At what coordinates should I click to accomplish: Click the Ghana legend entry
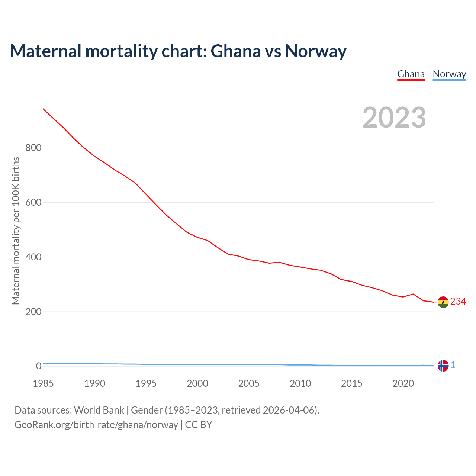coord(411,74)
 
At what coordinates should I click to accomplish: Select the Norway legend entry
coord(449,74)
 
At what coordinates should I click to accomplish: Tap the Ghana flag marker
coord(443,302)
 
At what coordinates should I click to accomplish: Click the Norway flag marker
coord(443,366)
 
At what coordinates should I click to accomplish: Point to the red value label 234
coord(458,301)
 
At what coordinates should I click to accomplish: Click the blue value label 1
coord(453,365)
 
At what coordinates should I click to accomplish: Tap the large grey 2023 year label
coord(394,118)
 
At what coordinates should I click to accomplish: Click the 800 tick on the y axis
coord(33,148)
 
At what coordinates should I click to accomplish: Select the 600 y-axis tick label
coord(33,203)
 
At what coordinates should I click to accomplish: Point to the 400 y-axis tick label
coord(33,257)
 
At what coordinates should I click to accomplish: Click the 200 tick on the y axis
coord(33,312)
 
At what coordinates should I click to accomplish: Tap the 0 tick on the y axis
coord(38,366)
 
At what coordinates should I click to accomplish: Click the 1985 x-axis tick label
coord(43,383)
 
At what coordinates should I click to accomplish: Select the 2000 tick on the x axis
coord(197,383)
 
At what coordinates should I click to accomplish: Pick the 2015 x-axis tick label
coord(351,383)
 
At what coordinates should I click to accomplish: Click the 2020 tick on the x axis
coord(403,383)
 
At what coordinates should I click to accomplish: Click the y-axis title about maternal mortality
coord(16,231)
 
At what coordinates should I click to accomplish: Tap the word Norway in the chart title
coord(316,51)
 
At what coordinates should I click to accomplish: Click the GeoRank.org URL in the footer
coord(96,425)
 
